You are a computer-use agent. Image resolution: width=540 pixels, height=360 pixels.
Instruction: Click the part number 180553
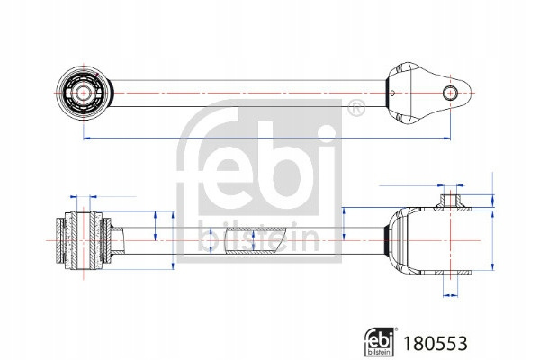tap(436, 343)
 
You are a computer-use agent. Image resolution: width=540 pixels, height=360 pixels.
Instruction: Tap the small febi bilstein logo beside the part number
tap(380, 341)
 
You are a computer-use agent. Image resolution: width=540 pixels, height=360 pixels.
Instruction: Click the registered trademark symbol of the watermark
tap(356, 108)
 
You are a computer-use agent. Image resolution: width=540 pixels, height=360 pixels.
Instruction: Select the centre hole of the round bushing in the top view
tap(83, 93)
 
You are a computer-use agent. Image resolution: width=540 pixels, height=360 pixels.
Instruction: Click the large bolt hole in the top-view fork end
tap(450, 93)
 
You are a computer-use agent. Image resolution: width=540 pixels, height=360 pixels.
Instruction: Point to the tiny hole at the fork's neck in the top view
tap(392, 93)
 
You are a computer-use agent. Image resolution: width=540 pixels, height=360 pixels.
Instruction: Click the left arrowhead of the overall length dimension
tap(87, 138)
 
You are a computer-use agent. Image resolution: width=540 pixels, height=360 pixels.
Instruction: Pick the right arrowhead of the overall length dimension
tap(446, 138)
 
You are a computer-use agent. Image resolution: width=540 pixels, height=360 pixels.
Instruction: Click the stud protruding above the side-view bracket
tap(450, 201)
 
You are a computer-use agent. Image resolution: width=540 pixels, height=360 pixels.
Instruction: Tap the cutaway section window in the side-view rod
tap(254, 241)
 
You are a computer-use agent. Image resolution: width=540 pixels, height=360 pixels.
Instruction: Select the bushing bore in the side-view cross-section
tap(83, 240)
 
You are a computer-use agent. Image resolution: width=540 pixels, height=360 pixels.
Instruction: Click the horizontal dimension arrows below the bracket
tap(451, 295)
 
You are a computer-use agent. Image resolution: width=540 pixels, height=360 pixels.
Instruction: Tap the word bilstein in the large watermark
tap(258, 238)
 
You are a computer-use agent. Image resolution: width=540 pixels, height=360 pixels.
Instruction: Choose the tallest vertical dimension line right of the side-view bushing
tap(173, 240)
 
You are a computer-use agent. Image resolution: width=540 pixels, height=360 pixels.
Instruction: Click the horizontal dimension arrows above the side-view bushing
tap(83, 197)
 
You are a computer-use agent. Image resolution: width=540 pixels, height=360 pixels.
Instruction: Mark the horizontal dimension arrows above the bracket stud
tap(450, 185)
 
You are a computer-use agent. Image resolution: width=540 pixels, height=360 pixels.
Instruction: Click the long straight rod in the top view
tap(248, 94)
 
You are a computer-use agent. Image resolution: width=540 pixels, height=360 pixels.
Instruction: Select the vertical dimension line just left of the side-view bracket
tap(344, 224)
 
